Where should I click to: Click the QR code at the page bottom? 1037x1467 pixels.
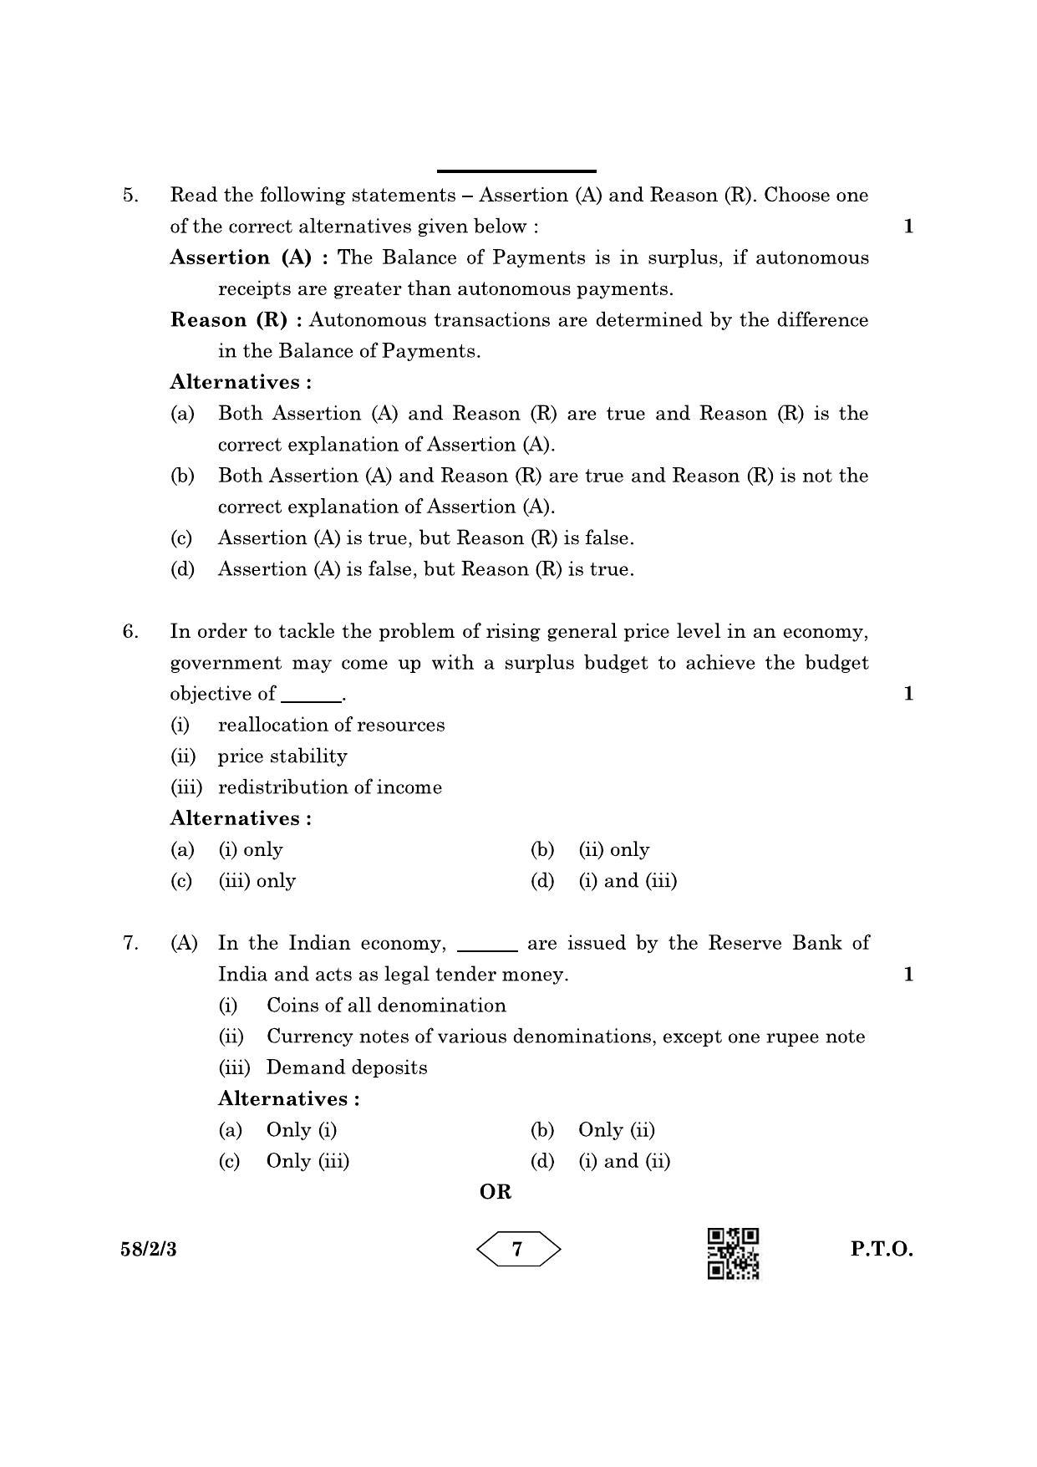pyautogui.click(x=734, y=1253)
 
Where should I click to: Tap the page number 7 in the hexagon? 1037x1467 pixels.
pyautogui.click(x=518, y=1250)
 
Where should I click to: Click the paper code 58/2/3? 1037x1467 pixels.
pyautogui.click(x=154, y=1251)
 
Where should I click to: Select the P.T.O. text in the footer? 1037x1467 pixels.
pyautogui.click(x=882, y=1250)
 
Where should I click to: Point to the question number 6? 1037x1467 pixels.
pyautogui.click(x=130, y=632)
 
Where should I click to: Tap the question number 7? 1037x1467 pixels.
pyautogui.click(x=130, y=944)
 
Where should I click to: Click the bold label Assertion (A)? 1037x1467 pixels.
pyautogui.click(x=240, y=257)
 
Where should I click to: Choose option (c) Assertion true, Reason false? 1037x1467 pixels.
pyautogui.click(x=425, y=538)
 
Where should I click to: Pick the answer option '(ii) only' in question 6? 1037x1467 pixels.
pyautogui.click(x=613, y=850)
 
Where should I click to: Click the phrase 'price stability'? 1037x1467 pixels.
pyautogui.click(x=282, y=756)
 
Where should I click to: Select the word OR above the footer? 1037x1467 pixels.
pyautogui.click(x=496, y=1192)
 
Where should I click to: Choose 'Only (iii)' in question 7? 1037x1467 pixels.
pyautogui.click(x=308, y=1161)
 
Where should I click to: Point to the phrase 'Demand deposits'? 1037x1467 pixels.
pyautogui.click(x=347, y=1067)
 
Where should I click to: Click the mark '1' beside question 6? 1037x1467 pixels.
pyautogui.click(x=909, y=694)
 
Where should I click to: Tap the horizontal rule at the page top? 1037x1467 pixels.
pyautogui.click(x=516, y=171)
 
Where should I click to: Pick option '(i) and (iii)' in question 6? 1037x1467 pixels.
pyautogui.click(x=628, y=881)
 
